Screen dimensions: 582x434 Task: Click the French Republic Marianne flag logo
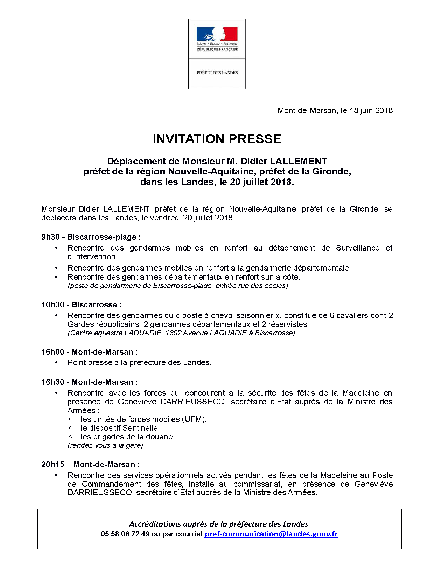point(217,34)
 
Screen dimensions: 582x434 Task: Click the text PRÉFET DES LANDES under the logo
point(217,73)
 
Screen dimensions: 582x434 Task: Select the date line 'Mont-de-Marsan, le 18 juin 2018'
point(335,111)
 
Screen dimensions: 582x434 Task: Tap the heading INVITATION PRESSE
point(217,139)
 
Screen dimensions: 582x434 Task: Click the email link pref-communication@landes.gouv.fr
point(271,534)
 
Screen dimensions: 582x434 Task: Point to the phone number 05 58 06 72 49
point(125,534)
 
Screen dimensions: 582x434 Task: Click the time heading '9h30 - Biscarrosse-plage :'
point(91,237)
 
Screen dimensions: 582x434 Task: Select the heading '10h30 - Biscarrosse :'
point(82,305)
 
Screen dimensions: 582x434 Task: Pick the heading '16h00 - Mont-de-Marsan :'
point(90,352)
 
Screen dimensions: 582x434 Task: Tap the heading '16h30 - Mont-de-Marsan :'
point(90,382)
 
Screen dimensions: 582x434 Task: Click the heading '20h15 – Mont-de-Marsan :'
point(90,465)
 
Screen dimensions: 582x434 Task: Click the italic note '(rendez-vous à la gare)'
point(105,445)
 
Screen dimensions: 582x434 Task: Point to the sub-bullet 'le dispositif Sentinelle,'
point(120,428)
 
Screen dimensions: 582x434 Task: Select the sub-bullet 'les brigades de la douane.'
point(127,437)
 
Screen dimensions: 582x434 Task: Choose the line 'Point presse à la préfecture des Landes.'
point(139,363)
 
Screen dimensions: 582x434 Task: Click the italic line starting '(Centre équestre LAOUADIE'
point(181,333)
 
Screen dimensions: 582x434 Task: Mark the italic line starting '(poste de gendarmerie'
point(178,286)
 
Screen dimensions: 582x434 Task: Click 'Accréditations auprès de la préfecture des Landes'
point(219,524)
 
